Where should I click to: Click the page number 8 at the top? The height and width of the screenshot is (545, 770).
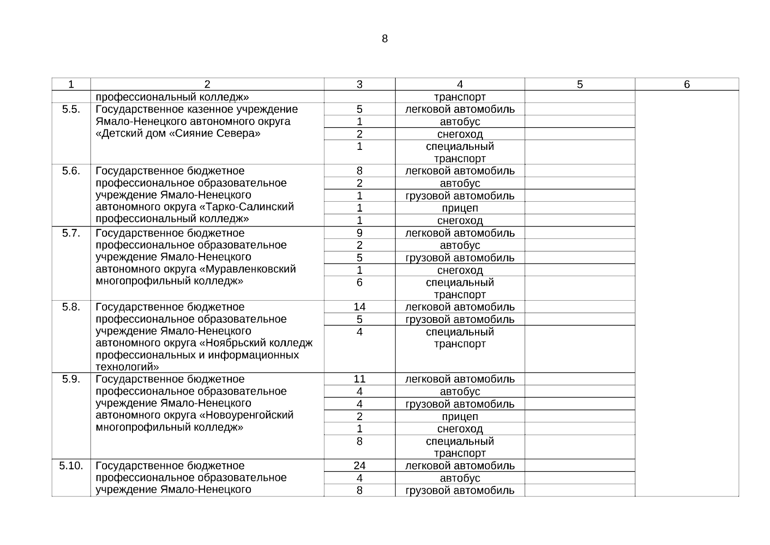[x=385, y=39]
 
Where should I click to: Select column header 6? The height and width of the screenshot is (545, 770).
[x=687, y=84]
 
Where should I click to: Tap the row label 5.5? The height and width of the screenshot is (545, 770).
[x=71, y=109]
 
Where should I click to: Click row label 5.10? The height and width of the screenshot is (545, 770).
[x=71, y=466]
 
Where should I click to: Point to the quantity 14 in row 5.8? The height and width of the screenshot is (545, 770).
[x=359, y=307]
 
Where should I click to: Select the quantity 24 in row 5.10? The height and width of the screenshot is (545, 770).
[x=359, y=466]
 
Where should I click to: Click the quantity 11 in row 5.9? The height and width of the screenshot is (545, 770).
[x=359, y=379]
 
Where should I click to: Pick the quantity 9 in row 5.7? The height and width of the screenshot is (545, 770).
[x=359, y=233]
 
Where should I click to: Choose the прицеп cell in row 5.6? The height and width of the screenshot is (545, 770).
[x=460, y=208]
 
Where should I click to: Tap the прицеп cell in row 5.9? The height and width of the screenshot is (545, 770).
[x=460, y=416]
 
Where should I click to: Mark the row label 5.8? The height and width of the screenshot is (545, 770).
[x=71, y=307]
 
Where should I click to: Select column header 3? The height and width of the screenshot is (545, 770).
[x=359, y=84]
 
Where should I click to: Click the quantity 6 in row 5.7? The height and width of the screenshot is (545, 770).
[x=359, y=282]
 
